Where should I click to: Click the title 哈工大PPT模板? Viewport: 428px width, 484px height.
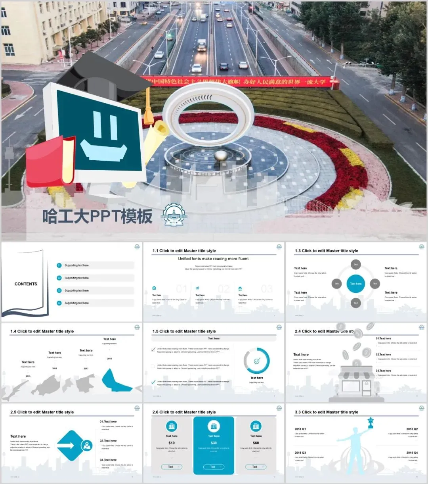97,217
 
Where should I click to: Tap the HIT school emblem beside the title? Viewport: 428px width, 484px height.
173,217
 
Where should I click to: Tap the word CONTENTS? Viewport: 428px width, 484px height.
26,284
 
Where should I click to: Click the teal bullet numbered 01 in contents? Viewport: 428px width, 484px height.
59,265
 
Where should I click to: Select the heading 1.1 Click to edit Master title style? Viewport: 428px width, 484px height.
184,251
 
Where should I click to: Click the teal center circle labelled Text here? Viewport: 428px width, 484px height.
355,284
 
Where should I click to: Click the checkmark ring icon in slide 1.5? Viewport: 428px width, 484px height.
256,361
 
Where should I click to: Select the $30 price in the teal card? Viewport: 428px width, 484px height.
214,443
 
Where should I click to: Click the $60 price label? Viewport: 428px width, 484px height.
256,443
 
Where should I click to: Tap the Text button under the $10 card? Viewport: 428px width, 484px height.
171,467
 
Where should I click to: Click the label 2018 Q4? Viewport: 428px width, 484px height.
412,453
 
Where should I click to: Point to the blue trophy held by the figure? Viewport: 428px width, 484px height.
371,422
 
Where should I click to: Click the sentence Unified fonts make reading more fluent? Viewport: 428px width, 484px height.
214,259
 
